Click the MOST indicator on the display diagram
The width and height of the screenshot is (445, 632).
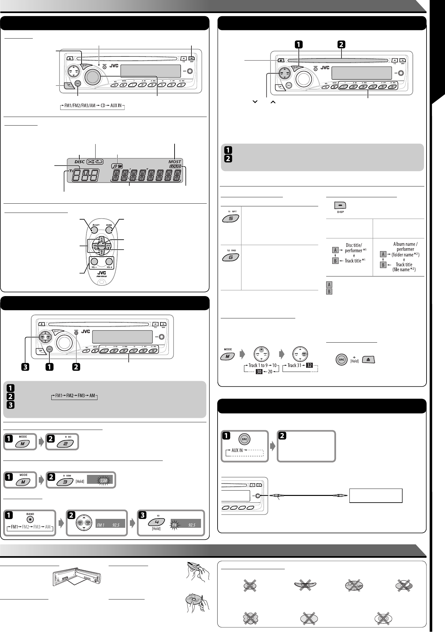tap(175, 162)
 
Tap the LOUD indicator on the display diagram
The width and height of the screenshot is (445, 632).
tap(175, 166)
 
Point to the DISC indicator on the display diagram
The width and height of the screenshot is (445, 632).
tap(80, 162)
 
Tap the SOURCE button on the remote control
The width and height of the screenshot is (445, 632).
tap(102, 246)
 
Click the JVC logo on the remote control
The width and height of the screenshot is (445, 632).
tap(102, 272)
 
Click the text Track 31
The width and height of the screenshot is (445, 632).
tap(296, 365)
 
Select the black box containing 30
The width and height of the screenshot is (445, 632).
tap(259, 372)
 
